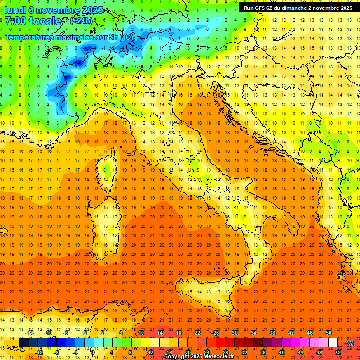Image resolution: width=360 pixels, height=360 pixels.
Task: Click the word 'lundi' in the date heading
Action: click(15, 10)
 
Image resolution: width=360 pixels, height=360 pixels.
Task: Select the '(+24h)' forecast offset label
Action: click(81, 21)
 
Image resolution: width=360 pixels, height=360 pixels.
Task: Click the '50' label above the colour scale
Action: click(328, 333)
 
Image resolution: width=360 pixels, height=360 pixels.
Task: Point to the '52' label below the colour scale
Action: click(337, 352)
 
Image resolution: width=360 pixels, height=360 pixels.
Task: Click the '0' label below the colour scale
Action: click(93, 352)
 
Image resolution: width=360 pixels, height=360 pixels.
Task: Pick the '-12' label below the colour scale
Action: click(39, 352)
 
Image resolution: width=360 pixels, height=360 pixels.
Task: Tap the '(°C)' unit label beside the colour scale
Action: click(349, 343)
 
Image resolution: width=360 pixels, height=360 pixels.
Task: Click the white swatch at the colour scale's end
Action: click(333, 342)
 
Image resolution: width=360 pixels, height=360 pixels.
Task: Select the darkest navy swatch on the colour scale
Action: click(23, 342)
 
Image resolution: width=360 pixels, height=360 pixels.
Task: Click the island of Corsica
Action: click(107, 169)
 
